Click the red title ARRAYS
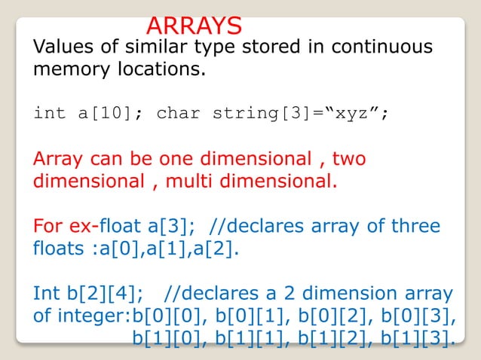tap(194, 25)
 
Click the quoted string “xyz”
tap(358, 114)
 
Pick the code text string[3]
tap(257, 114)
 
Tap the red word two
tap(349, 160)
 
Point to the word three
tap(412, 226)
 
